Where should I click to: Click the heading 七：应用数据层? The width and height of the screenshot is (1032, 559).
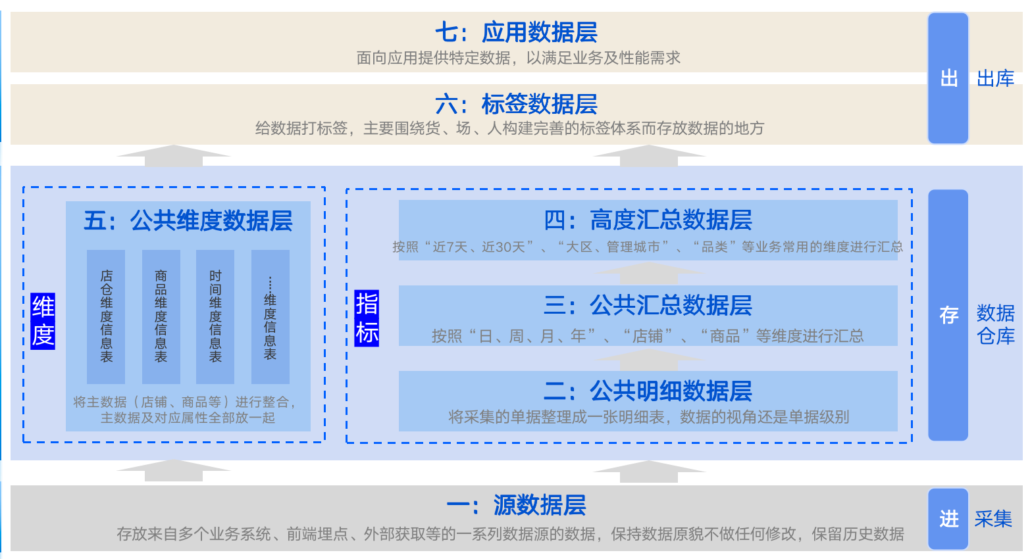[516, 32]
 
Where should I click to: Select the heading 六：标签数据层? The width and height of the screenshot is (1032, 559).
[516, 104]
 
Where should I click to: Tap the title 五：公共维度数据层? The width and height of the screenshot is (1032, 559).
[188, 220]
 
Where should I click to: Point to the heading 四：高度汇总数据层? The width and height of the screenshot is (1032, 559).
[648, 220]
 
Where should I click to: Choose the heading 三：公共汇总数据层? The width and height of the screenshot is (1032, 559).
[648, 305]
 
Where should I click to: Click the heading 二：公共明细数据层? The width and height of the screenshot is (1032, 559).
[648, 391]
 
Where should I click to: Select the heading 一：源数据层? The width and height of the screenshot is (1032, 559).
[516, 505]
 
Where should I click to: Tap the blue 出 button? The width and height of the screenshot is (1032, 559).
[948, 78]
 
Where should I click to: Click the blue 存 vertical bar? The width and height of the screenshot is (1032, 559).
[948, 315]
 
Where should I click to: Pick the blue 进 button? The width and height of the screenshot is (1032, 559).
[948, 519]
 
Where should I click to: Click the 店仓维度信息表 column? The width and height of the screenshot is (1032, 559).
[106, 316]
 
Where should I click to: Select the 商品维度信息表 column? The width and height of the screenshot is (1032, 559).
[161, 316]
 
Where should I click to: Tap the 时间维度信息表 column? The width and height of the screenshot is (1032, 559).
[215, 316]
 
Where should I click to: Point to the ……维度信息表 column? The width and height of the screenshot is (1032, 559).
[271, 316]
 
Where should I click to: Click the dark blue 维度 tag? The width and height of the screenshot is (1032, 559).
[43, 321]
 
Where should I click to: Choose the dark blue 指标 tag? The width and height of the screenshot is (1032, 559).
[367, 318]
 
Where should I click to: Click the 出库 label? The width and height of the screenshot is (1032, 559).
[995, 79]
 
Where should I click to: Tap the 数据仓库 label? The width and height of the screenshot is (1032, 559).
[995, 324]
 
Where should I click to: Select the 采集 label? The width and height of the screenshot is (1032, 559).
[993, 519]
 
